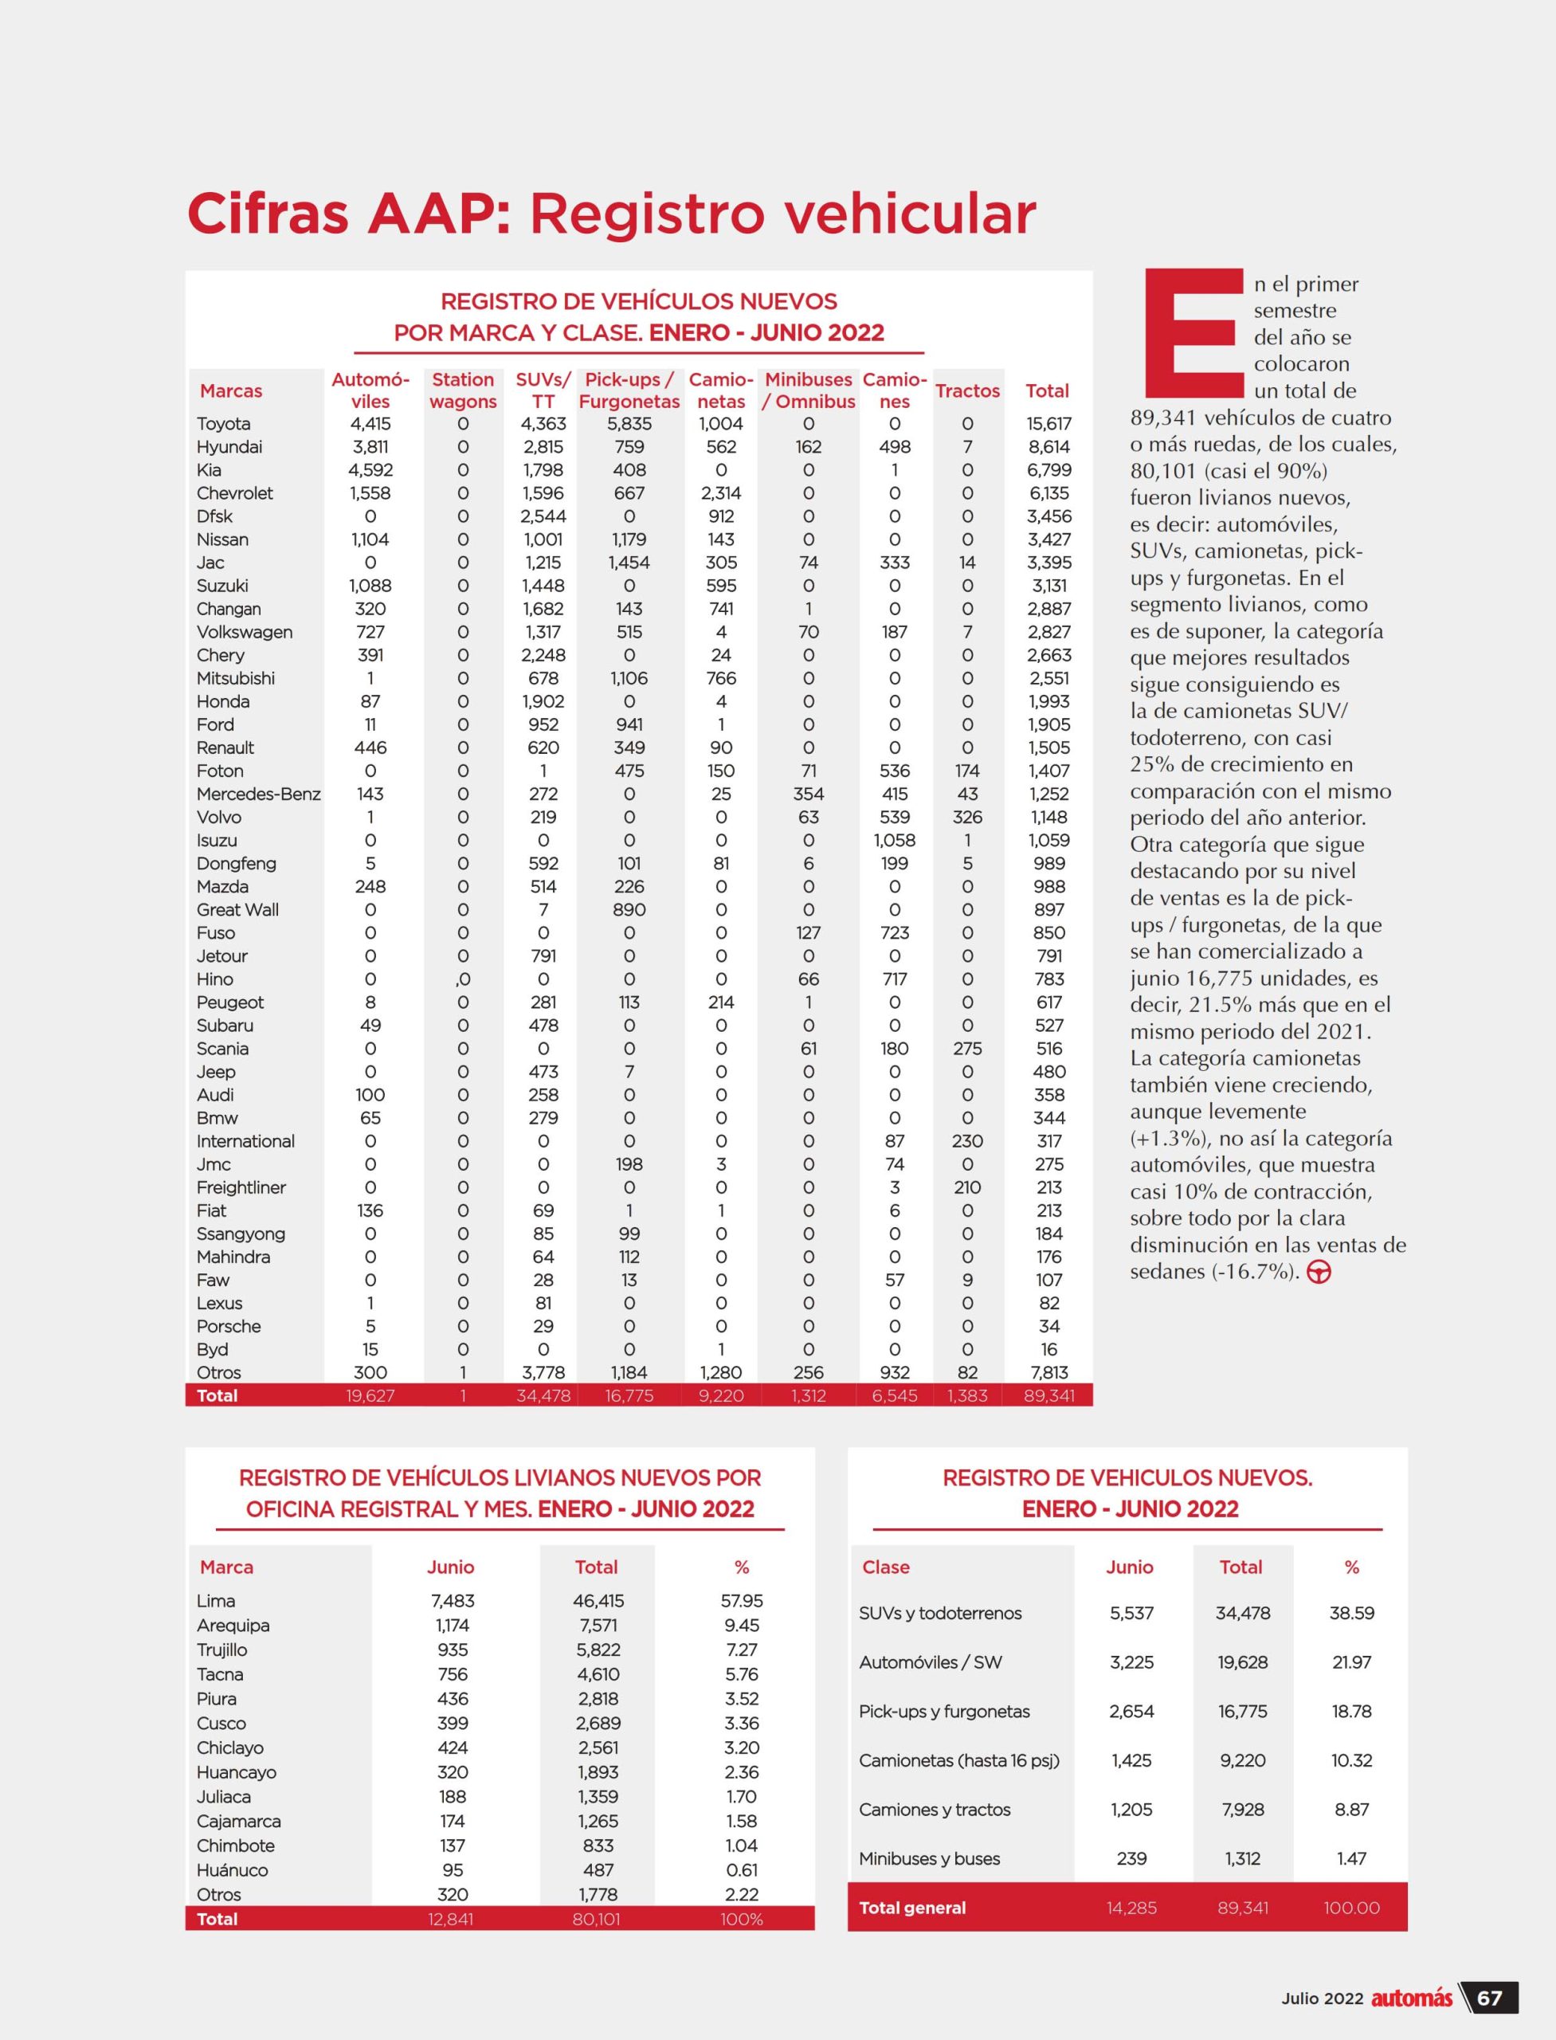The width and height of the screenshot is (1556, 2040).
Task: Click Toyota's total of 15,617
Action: tap(1048, 423)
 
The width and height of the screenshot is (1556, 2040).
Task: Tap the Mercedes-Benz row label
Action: tap(258, 794)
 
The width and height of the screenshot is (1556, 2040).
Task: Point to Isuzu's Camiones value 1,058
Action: tap(894, 840)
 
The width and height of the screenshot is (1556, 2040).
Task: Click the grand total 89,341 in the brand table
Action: tap(1048, 1395)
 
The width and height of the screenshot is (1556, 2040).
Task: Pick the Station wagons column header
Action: tap(463, 390)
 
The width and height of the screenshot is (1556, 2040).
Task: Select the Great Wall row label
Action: tap(237, 910)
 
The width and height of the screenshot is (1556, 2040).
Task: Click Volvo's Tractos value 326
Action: tap(967, 817)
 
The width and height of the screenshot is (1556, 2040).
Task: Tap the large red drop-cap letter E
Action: tap(1193, 334)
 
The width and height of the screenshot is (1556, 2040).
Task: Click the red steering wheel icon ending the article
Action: tap(1319, 1272)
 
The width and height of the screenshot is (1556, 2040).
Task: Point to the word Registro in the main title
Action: tap(649, 214)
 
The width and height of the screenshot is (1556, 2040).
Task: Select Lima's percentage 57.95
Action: tap(741, 1601)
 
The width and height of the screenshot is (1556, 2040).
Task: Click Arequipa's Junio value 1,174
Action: tap(451, 1625)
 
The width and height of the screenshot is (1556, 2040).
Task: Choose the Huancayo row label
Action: tap(236, 1772)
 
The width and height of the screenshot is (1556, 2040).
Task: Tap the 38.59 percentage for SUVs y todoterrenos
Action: tap(1351, 1613)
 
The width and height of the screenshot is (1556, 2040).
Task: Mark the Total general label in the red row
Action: tap(911, 1908)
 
